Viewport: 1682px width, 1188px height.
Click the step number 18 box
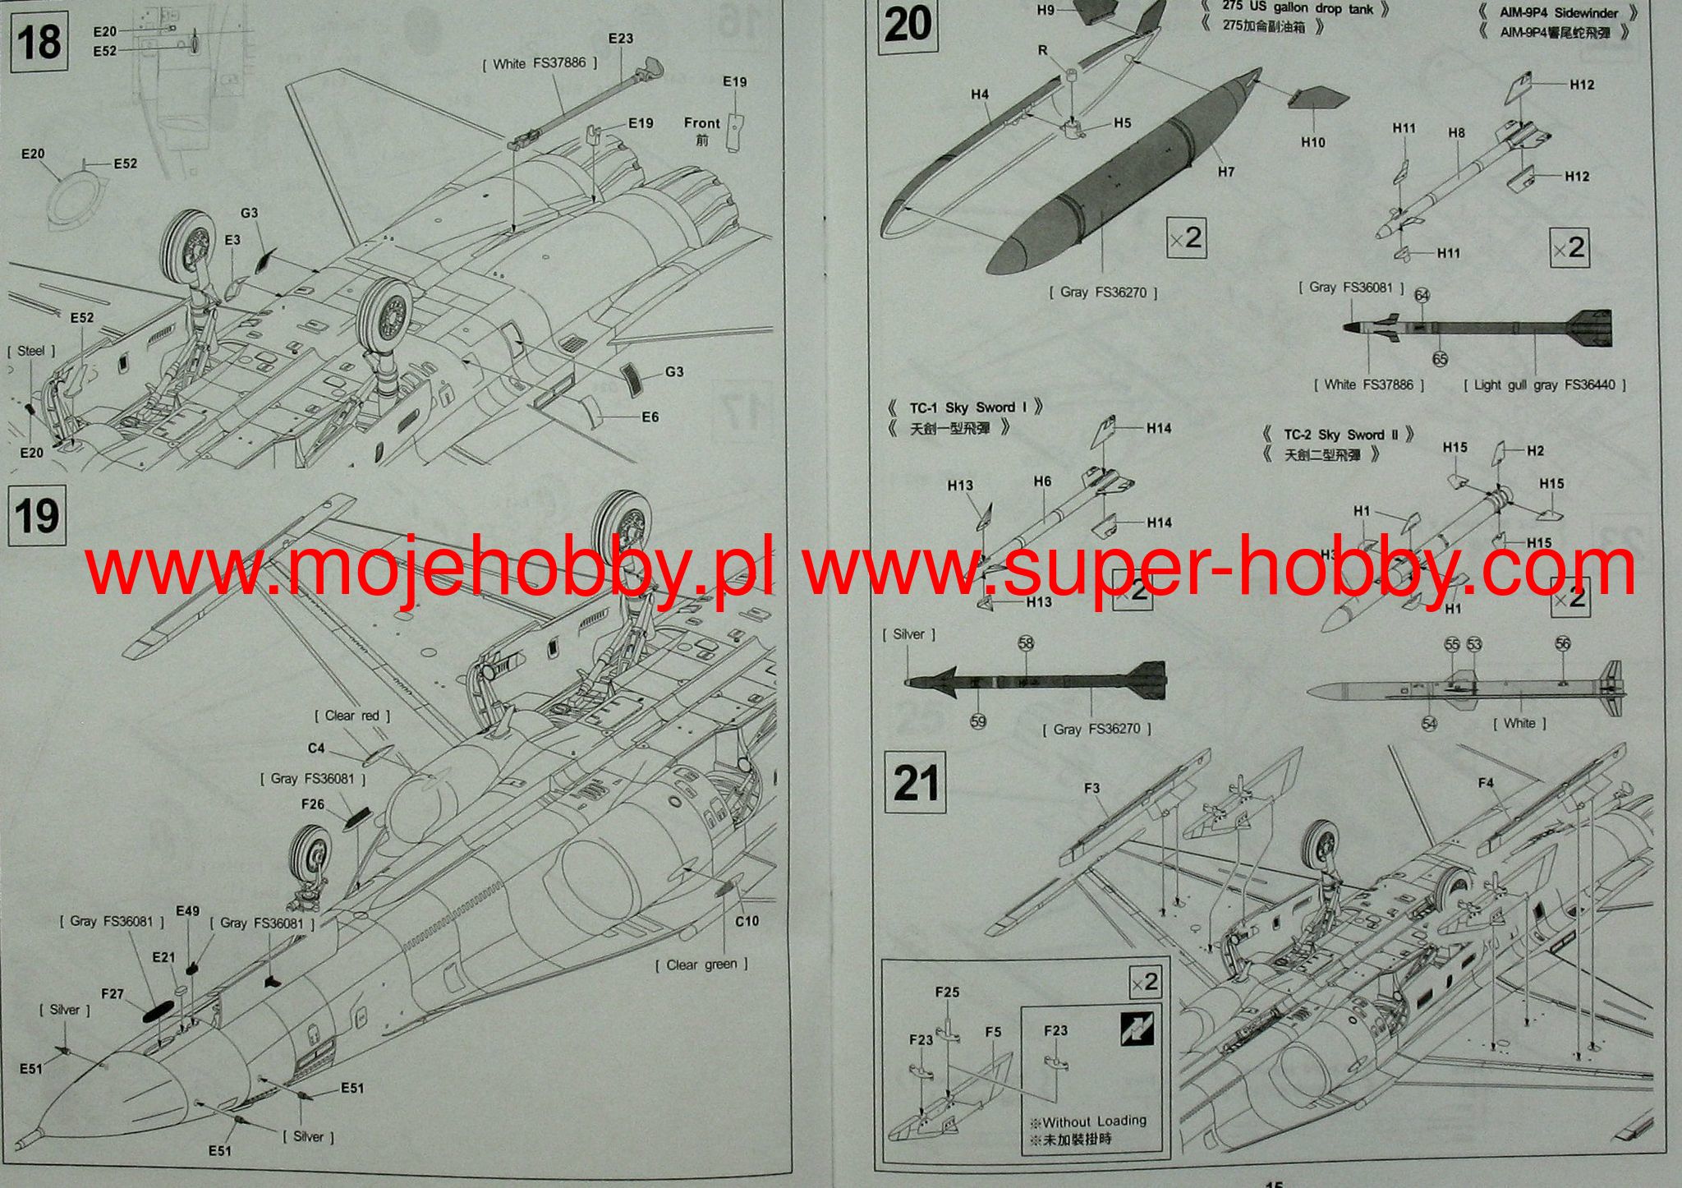click(39, 41)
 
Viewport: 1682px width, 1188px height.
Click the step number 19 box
click(37, 516)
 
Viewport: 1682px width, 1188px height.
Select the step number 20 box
click(908, 24)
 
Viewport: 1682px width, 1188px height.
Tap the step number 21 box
click(916, 782)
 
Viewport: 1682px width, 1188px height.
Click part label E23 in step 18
click(621, 39)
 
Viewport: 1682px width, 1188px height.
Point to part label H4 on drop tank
click(980, 94)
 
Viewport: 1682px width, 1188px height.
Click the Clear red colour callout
click(352, 716)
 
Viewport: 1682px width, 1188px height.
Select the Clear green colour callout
click(701, 965)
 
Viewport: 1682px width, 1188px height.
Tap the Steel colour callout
click(31, 351)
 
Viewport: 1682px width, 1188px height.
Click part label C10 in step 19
click(747, 921)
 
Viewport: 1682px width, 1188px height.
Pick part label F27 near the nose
click(113, 994)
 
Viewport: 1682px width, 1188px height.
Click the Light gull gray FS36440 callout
click(1545, 384)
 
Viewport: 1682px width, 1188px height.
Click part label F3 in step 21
click(1091, 788)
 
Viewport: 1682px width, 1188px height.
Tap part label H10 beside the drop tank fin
click(1313, 142)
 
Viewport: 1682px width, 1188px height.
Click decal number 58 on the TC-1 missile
click(1026, 643)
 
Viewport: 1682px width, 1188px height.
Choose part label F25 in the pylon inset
click(947, 992)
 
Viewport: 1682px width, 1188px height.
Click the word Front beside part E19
click(701, 123)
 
